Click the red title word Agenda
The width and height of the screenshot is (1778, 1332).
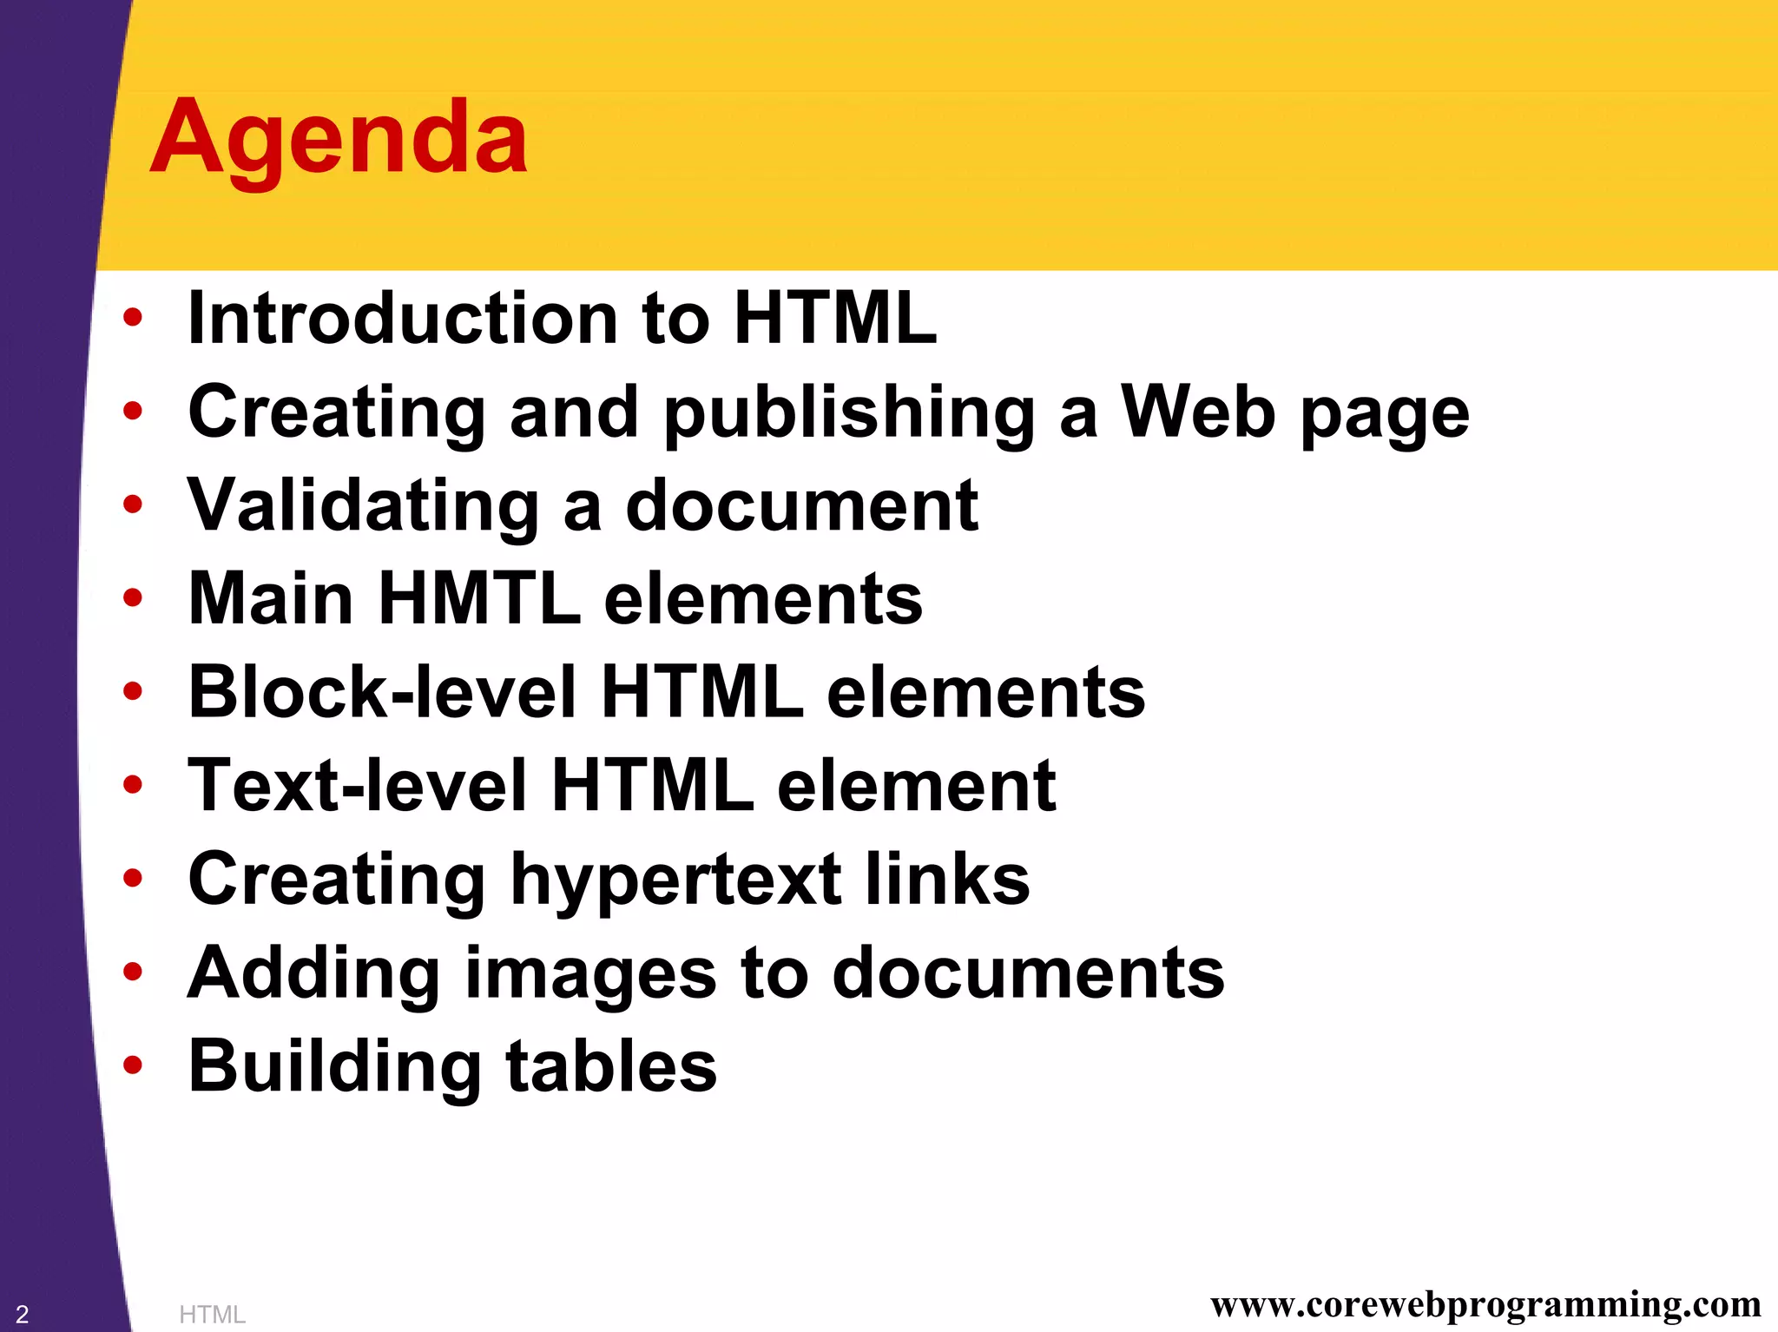click(339, 139)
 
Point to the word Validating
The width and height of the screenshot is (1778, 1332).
click(364, 505)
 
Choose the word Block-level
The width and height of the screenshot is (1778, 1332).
click(382, 692)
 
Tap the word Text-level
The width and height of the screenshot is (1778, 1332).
click(358, 786)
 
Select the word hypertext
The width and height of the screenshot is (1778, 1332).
click(675, 880)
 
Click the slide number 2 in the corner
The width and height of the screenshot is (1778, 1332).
click(23, 1314)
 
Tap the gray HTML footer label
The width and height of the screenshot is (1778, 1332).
click(212, 1315)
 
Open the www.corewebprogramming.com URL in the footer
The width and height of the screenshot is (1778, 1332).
click(1485, 1304)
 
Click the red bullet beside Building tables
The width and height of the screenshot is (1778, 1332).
click(132, 1065)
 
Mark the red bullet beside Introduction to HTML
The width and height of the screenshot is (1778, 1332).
click(132, 317)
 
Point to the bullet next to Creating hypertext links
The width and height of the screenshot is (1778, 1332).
click(132, 878)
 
